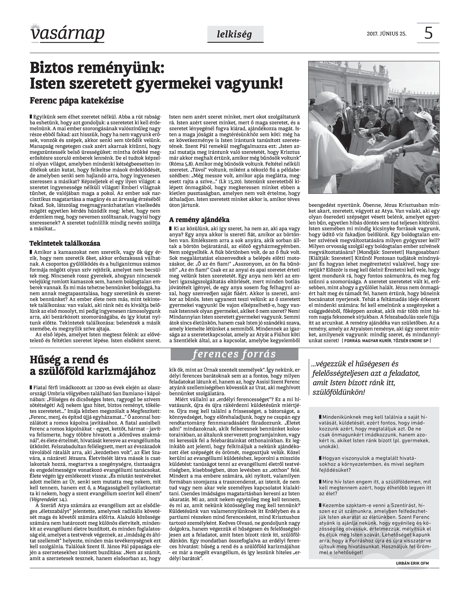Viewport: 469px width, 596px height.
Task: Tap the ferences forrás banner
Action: tap(234, 354)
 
